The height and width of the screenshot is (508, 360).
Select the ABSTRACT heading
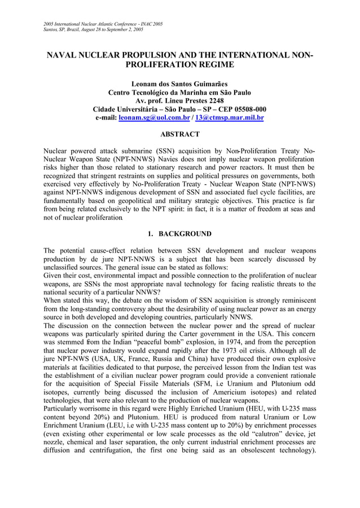180,134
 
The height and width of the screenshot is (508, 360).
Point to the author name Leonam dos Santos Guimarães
180,84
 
